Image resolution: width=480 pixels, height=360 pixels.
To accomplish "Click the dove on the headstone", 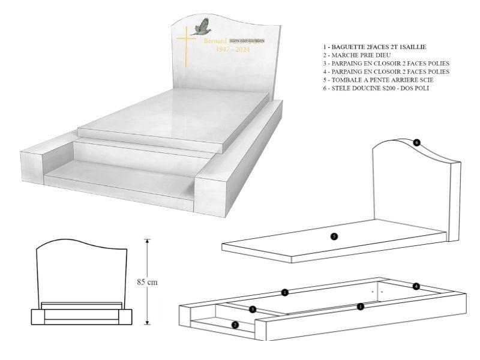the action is click(x=203, y=26).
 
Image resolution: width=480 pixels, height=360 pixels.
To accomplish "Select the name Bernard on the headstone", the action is click(x=215, y=41).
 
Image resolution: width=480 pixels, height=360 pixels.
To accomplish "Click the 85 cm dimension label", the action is click(x=147, y=281).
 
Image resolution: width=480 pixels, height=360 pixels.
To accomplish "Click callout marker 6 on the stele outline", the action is click(x=416, y=143).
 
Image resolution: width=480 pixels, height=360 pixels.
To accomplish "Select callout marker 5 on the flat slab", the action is click(x=334, y=236).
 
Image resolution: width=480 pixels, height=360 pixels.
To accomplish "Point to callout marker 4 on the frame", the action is click(x=416, y=286).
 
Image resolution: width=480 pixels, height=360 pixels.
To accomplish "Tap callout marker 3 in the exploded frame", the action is click(x=253, y=309).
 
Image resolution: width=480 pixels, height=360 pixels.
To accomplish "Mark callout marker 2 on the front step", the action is click(x=235, y=325).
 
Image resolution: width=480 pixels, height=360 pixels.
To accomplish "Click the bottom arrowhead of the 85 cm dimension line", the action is click(x=147, y=323).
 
